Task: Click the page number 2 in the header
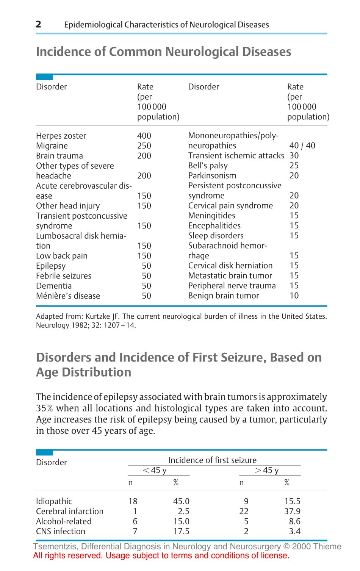point(38,25)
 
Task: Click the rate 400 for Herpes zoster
point(144,136)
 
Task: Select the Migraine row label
point(52,146)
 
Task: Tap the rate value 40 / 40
point(302,145)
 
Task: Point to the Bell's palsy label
point(208,166)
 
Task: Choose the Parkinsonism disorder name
point(212,175)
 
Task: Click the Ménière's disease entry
point(68,296)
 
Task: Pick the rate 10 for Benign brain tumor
point(294,296)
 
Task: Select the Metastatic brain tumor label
point(230,275)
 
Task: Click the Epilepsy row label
point(51,266)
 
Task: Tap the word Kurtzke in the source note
point(98,316)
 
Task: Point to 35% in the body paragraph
point(45,408)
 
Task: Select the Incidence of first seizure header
point(212,460)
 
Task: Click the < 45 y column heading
point(154,470)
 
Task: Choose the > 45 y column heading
point(267,470)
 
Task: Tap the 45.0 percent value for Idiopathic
point(181,501)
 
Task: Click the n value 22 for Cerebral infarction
point(244,512)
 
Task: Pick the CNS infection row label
point(61,532)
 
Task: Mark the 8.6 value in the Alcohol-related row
point(294,521)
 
